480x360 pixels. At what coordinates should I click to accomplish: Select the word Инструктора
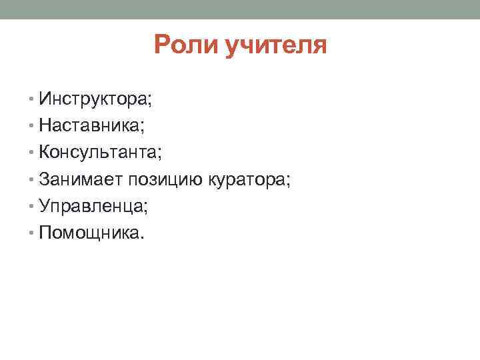93,99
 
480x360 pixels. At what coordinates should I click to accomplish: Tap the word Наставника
90,126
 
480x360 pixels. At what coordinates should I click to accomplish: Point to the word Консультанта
98,153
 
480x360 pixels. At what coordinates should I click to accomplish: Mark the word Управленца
91,207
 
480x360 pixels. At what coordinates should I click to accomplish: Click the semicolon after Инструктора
150,102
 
